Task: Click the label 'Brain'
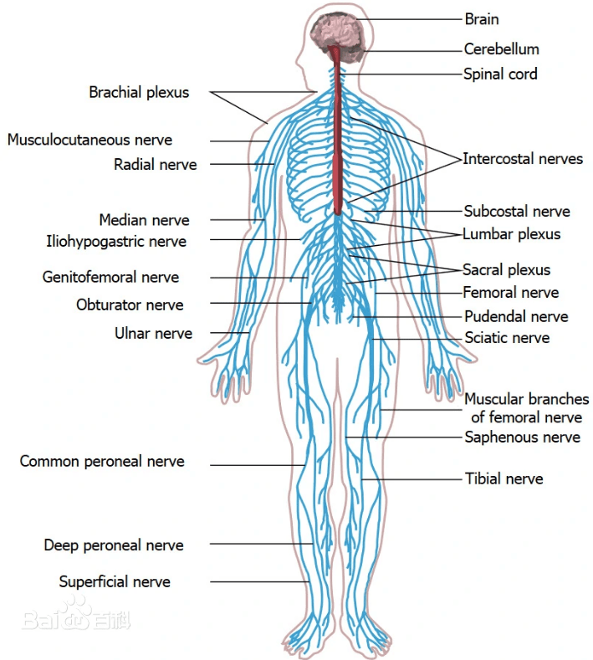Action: pyautogui.click(x=482, y=18)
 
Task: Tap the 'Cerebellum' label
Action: pyautogui.click(x=502, y=49)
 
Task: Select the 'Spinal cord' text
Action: pyautogui.click(x=500, y=74)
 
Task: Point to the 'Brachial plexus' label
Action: pyautogui.click(x=139, y=93)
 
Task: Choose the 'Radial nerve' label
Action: pyautogui.click(x=156, y=165)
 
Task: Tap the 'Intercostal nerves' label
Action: pyautogui.click(x=523, y=158)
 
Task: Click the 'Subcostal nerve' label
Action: pyautogui.click(x=517, y=212)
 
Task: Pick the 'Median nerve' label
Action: pyautogui.click(x=144, y=221)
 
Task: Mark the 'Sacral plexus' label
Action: pyautogui.click(x=507, y=270)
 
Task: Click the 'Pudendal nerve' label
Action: pyautogui.click(x=516, y=317)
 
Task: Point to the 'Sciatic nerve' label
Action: pyautogui.click(x=507, y=338)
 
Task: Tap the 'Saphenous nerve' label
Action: pyautogui.click(x=522, y=437)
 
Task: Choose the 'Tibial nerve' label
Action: pyautogui.click(x=504, y=479)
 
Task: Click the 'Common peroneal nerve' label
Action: pyautogui.click(x=102, y=462)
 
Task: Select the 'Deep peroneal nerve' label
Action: pyautogui.click(x=114, y=545)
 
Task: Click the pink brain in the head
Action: pyautogui.click(x=337, y=31)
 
